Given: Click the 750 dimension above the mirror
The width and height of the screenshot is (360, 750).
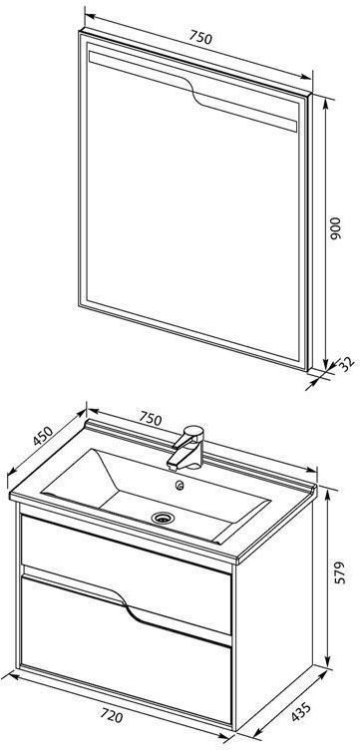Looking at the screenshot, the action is (x=200, y=37).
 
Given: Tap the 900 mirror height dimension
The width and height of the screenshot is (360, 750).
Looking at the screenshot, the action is (x=336, y=228).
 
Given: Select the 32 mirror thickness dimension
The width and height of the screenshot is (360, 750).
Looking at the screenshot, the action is (x=348, y=363).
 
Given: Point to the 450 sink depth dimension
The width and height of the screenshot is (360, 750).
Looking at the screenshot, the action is (x=42, y=436).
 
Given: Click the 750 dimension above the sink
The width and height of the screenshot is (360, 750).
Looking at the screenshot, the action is (x=151, y=418).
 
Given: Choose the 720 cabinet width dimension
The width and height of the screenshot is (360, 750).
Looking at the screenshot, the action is (x=111, y=716).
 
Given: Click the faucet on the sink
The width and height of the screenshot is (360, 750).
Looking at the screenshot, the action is (x=186, y=448).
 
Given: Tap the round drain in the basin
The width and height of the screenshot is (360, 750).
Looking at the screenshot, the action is (x=164, y=517).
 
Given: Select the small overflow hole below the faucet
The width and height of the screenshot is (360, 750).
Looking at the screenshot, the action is (x=180, y=486).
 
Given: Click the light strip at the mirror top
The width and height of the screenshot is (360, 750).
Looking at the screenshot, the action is (x=192, y=90).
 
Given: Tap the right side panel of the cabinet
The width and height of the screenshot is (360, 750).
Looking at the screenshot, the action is (x=274, y=607).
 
